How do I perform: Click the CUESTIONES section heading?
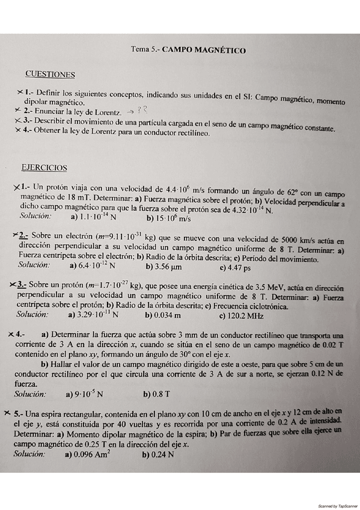coord(50,75)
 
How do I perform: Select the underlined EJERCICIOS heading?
coord(44,168)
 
